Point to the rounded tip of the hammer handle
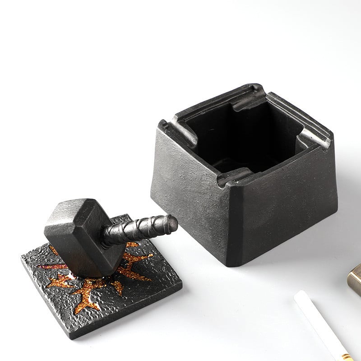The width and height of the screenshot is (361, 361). pyautogui.click(x=172, y=222)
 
